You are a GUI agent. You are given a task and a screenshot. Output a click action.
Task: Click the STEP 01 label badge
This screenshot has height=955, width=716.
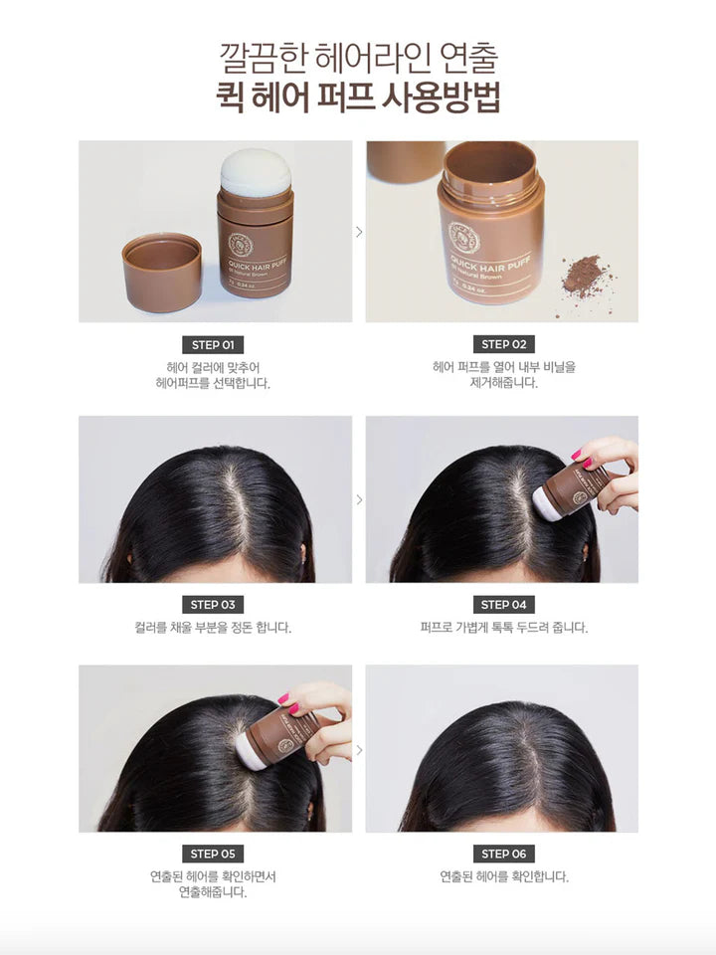213,345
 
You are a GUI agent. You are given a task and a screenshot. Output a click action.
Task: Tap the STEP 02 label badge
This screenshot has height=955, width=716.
503,344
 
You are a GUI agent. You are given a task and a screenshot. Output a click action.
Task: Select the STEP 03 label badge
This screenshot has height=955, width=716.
213,605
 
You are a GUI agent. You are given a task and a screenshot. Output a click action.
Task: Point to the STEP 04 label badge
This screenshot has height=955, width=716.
503,605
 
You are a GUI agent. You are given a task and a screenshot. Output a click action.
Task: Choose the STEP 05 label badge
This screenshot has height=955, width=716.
213,854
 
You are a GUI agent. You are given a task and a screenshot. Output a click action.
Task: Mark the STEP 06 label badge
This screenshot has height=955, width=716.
503,854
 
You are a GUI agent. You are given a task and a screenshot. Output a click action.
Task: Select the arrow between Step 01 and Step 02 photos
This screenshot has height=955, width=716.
359,232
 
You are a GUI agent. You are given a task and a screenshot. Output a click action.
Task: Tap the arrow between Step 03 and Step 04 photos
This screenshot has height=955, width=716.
359,498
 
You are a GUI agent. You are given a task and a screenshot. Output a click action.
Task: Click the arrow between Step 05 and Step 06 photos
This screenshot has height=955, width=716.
359,749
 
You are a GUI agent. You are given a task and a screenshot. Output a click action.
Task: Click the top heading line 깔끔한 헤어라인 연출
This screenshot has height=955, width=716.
358,56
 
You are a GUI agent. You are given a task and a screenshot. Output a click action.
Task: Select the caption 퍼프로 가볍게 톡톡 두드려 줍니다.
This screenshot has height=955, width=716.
503,628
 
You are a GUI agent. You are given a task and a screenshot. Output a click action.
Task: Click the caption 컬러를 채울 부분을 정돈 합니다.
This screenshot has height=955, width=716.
213,628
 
